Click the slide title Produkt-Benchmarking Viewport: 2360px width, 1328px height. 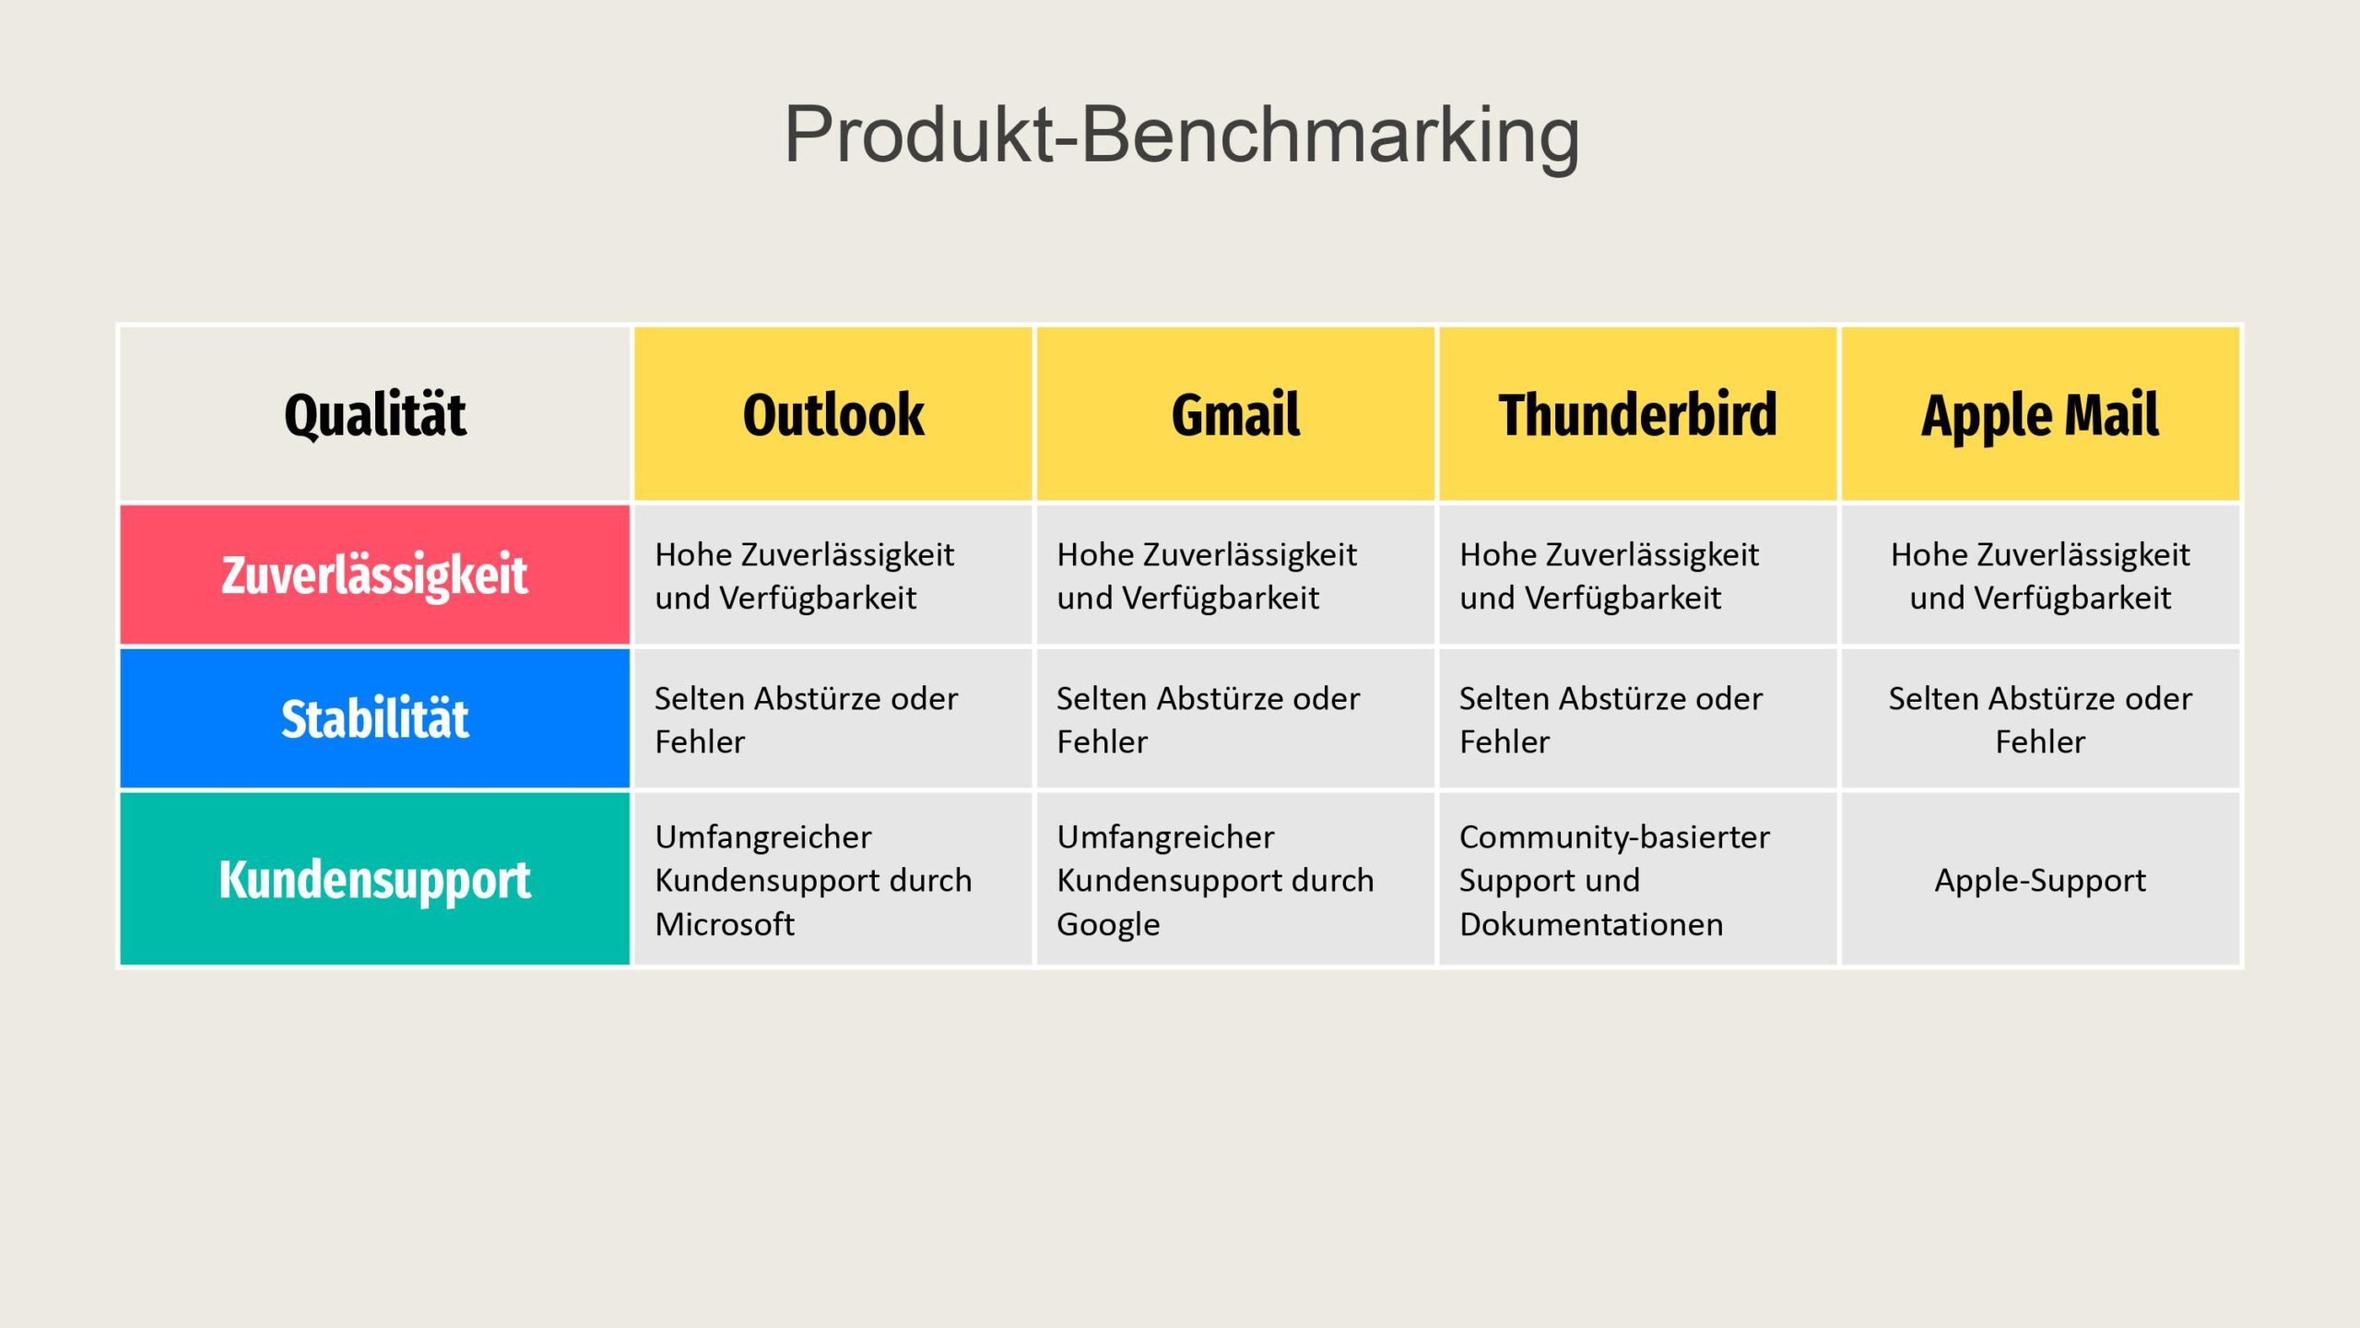point(1181,136)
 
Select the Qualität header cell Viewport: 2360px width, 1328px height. point(375,413)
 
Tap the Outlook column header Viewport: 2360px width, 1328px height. point(833,413)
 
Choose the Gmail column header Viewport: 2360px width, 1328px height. point(1235,413)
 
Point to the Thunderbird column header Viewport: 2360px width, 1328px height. point(1638,413)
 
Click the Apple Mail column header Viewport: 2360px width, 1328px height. point(2040,413)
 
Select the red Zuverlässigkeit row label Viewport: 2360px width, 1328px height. point(375,575)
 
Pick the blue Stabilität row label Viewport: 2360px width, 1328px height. point(375,718)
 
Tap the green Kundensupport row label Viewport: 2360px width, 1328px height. point(375,879)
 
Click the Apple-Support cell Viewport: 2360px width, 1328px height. point(2040,879)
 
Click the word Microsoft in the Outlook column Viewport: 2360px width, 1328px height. point(725,923)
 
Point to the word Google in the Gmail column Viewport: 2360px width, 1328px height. point(1108,925)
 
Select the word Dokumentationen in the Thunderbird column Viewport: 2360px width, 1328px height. point(1591,923)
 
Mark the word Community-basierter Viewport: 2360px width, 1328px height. point(1614,837)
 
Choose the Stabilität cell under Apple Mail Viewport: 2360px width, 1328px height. point(2040,718)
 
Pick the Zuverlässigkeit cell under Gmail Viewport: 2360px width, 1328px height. point(1235,575)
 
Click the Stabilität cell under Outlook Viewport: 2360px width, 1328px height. point(833,718)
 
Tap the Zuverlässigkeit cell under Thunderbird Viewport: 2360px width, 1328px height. point(1638,575)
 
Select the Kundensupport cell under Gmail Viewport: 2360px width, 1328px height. point(1235,879)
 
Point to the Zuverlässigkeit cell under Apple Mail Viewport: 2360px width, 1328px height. point(2040,575)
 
